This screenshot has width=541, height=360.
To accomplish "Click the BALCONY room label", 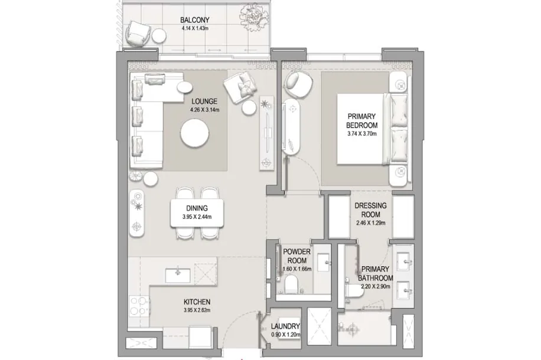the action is tap(194, 20).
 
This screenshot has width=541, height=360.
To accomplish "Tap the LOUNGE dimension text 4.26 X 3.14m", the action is tap(204, 110).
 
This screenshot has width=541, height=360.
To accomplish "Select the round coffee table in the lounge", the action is tap(194, 134).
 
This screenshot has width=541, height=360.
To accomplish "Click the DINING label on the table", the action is tap(197, 208).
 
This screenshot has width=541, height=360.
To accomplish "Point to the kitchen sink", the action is tap(178, 275).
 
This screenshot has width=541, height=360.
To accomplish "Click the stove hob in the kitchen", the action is tap(139, 306).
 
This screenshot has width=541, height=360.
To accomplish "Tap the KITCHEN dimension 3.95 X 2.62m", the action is tap(197, 310).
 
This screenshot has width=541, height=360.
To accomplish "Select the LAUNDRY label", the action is tap(285, 326).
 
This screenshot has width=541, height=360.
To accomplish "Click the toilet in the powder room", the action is tap(292, 284).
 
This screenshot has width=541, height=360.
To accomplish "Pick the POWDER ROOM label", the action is tap(296, 256).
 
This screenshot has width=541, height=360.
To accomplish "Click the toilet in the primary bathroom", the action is tap(354, 292).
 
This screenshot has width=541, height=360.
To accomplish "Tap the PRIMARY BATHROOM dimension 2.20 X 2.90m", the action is tap(376, 286).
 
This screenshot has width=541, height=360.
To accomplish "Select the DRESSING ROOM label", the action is tap(371, 210).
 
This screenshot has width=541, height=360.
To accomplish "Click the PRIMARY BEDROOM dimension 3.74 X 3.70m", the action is tap(362, 133).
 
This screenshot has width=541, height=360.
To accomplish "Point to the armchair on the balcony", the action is tap(138, 32).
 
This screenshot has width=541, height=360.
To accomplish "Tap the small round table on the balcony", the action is tap(159, 35).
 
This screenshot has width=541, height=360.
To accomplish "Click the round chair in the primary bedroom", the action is tap(298, 84).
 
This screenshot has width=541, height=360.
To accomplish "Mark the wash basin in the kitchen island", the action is tap(178, 275).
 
